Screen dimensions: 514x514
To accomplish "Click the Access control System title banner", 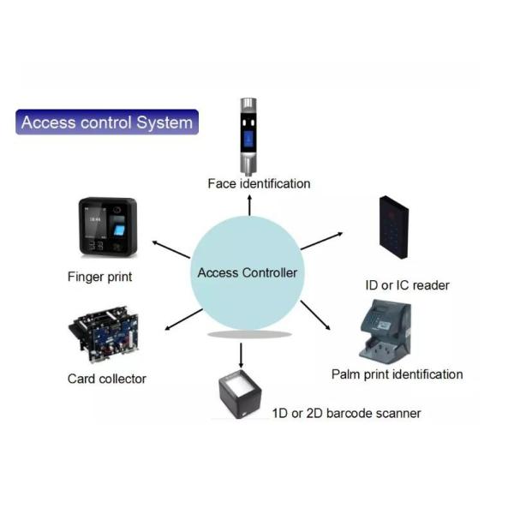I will (107, 123).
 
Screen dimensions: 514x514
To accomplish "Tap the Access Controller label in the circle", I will (248, 273).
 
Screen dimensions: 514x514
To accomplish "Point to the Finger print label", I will (99, 277).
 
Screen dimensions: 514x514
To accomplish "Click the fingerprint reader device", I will (108, 227).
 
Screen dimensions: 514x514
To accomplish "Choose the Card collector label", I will (107, 378).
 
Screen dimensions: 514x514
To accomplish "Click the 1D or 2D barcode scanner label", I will (346, 413).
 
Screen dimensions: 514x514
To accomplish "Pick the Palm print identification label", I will (397, 374).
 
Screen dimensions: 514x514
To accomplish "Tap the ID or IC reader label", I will (407, 285).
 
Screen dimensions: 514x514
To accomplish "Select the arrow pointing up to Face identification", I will (249, 204).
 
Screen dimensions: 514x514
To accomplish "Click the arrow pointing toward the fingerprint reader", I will (171, 249).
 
